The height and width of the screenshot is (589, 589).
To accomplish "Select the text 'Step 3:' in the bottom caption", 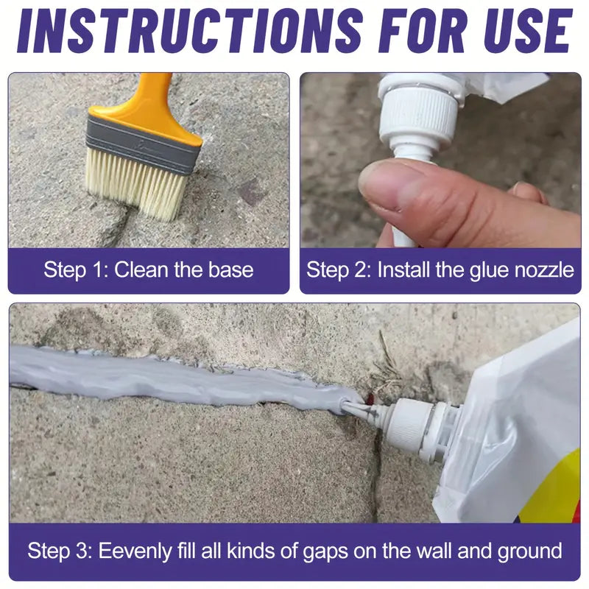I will point(60,550).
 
